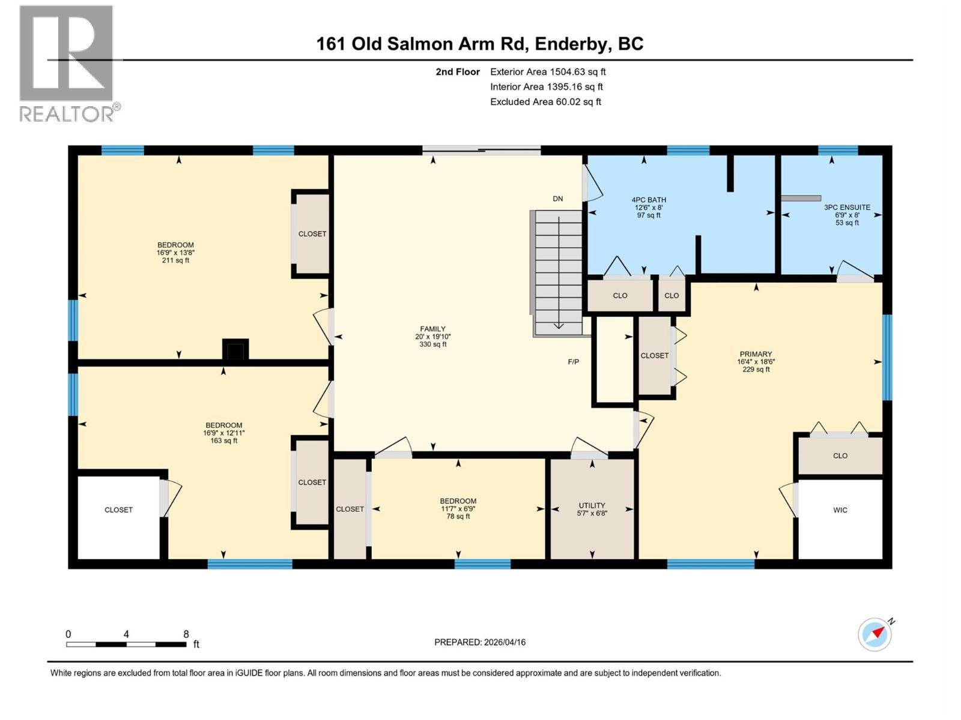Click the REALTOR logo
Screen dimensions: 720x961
[67, 63]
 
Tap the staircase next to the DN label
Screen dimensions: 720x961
[558, 273]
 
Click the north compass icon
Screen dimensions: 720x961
[875, 634]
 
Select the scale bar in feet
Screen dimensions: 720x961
[126, 644]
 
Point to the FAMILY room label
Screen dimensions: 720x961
[432, 337]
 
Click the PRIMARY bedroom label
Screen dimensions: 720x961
[756, 362]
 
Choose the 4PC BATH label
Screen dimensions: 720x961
[649, 208]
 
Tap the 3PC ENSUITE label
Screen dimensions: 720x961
[847, 215]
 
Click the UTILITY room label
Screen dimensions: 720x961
[592, 509]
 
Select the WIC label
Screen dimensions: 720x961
[840, 510]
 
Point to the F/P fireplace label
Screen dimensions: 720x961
[573, 362]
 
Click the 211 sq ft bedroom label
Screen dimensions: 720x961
[175, 253]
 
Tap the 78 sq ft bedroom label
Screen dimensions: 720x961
[458, 508]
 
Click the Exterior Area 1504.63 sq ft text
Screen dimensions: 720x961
[548, 72]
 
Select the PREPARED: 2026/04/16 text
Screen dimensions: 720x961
[480, 642]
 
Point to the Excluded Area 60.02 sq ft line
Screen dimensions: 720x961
[545, 102]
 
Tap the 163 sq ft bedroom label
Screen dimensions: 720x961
[223, 433]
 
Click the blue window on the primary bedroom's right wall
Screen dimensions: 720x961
[887, 357]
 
